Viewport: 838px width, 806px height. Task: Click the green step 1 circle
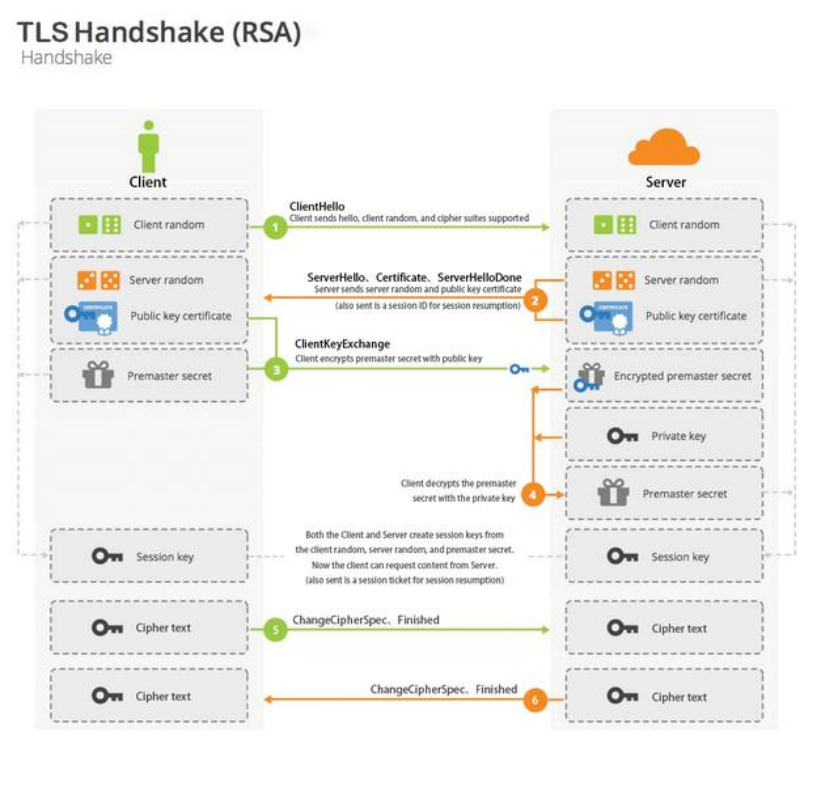[x=276, y=227]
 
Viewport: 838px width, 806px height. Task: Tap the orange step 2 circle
[x=536, y=299]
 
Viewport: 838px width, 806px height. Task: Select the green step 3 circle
[x=276, y=369]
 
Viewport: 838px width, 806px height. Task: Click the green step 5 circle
[x=276, y=627]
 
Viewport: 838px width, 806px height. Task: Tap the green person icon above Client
[x=148, y=148]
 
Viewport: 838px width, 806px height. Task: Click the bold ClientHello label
[x=317, y=206]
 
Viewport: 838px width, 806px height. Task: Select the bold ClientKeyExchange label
[x=342, y=344]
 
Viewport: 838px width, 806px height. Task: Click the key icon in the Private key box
[x=623, y=436]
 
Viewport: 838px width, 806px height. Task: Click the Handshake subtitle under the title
[x=66, y=58]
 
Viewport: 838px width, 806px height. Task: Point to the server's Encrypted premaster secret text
[x=682, y=376]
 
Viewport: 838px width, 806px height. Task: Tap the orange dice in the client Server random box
[x=98, y=280]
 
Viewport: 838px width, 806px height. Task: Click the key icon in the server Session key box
[x=623, y=557]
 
